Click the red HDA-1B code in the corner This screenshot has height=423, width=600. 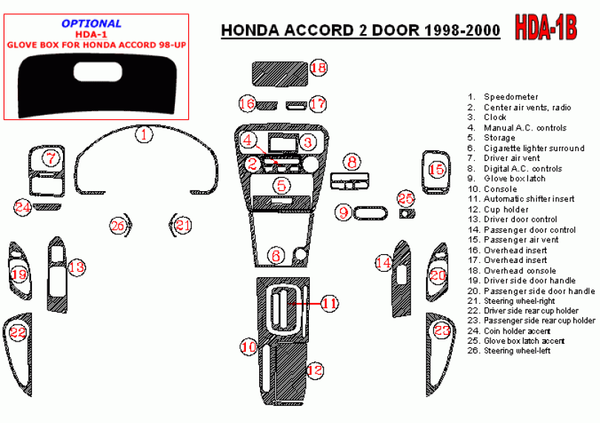click(x=546, y=27)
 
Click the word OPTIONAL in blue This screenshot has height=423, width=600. click(x=91, y=24)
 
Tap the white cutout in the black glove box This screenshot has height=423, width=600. click(x=98, y=72)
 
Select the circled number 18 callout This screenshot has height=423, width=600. click(x=319, y=67)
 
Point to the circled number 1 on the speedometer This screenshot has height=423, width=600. click(x=144, y=134)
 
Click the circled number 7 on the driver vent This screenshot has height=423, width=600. click(x=51, y=158)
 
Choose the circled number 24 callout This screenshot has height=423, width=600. click(x=22, y=207)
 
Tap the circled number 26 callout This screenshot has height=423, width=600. click(x=118, y=225)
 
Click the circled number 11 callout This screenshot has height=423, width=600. click(x=330, y=304)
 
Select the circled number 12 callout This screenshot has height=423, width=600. click(x=315, y=370)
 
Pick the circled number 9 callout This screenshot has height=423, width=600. click(x=343, y=213)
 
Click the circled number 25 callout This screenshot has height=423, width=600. click(x=406, y=199)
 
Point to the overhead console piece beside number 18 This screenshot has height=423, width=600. click(x=280, y=73)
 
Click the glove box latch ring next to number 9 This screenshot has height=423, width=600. click(x=370, y=213)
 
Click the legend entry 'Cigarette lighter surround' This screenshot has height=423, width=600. click(x=534, y=148)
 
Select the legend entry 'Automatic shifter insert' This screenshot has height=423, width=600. click(x=529, y=199)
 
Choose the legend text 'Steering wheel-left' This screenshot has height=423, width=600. click(x=517, y=350)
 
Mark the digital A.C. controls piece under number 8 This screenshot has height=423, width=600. click(x=350, y=181)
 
